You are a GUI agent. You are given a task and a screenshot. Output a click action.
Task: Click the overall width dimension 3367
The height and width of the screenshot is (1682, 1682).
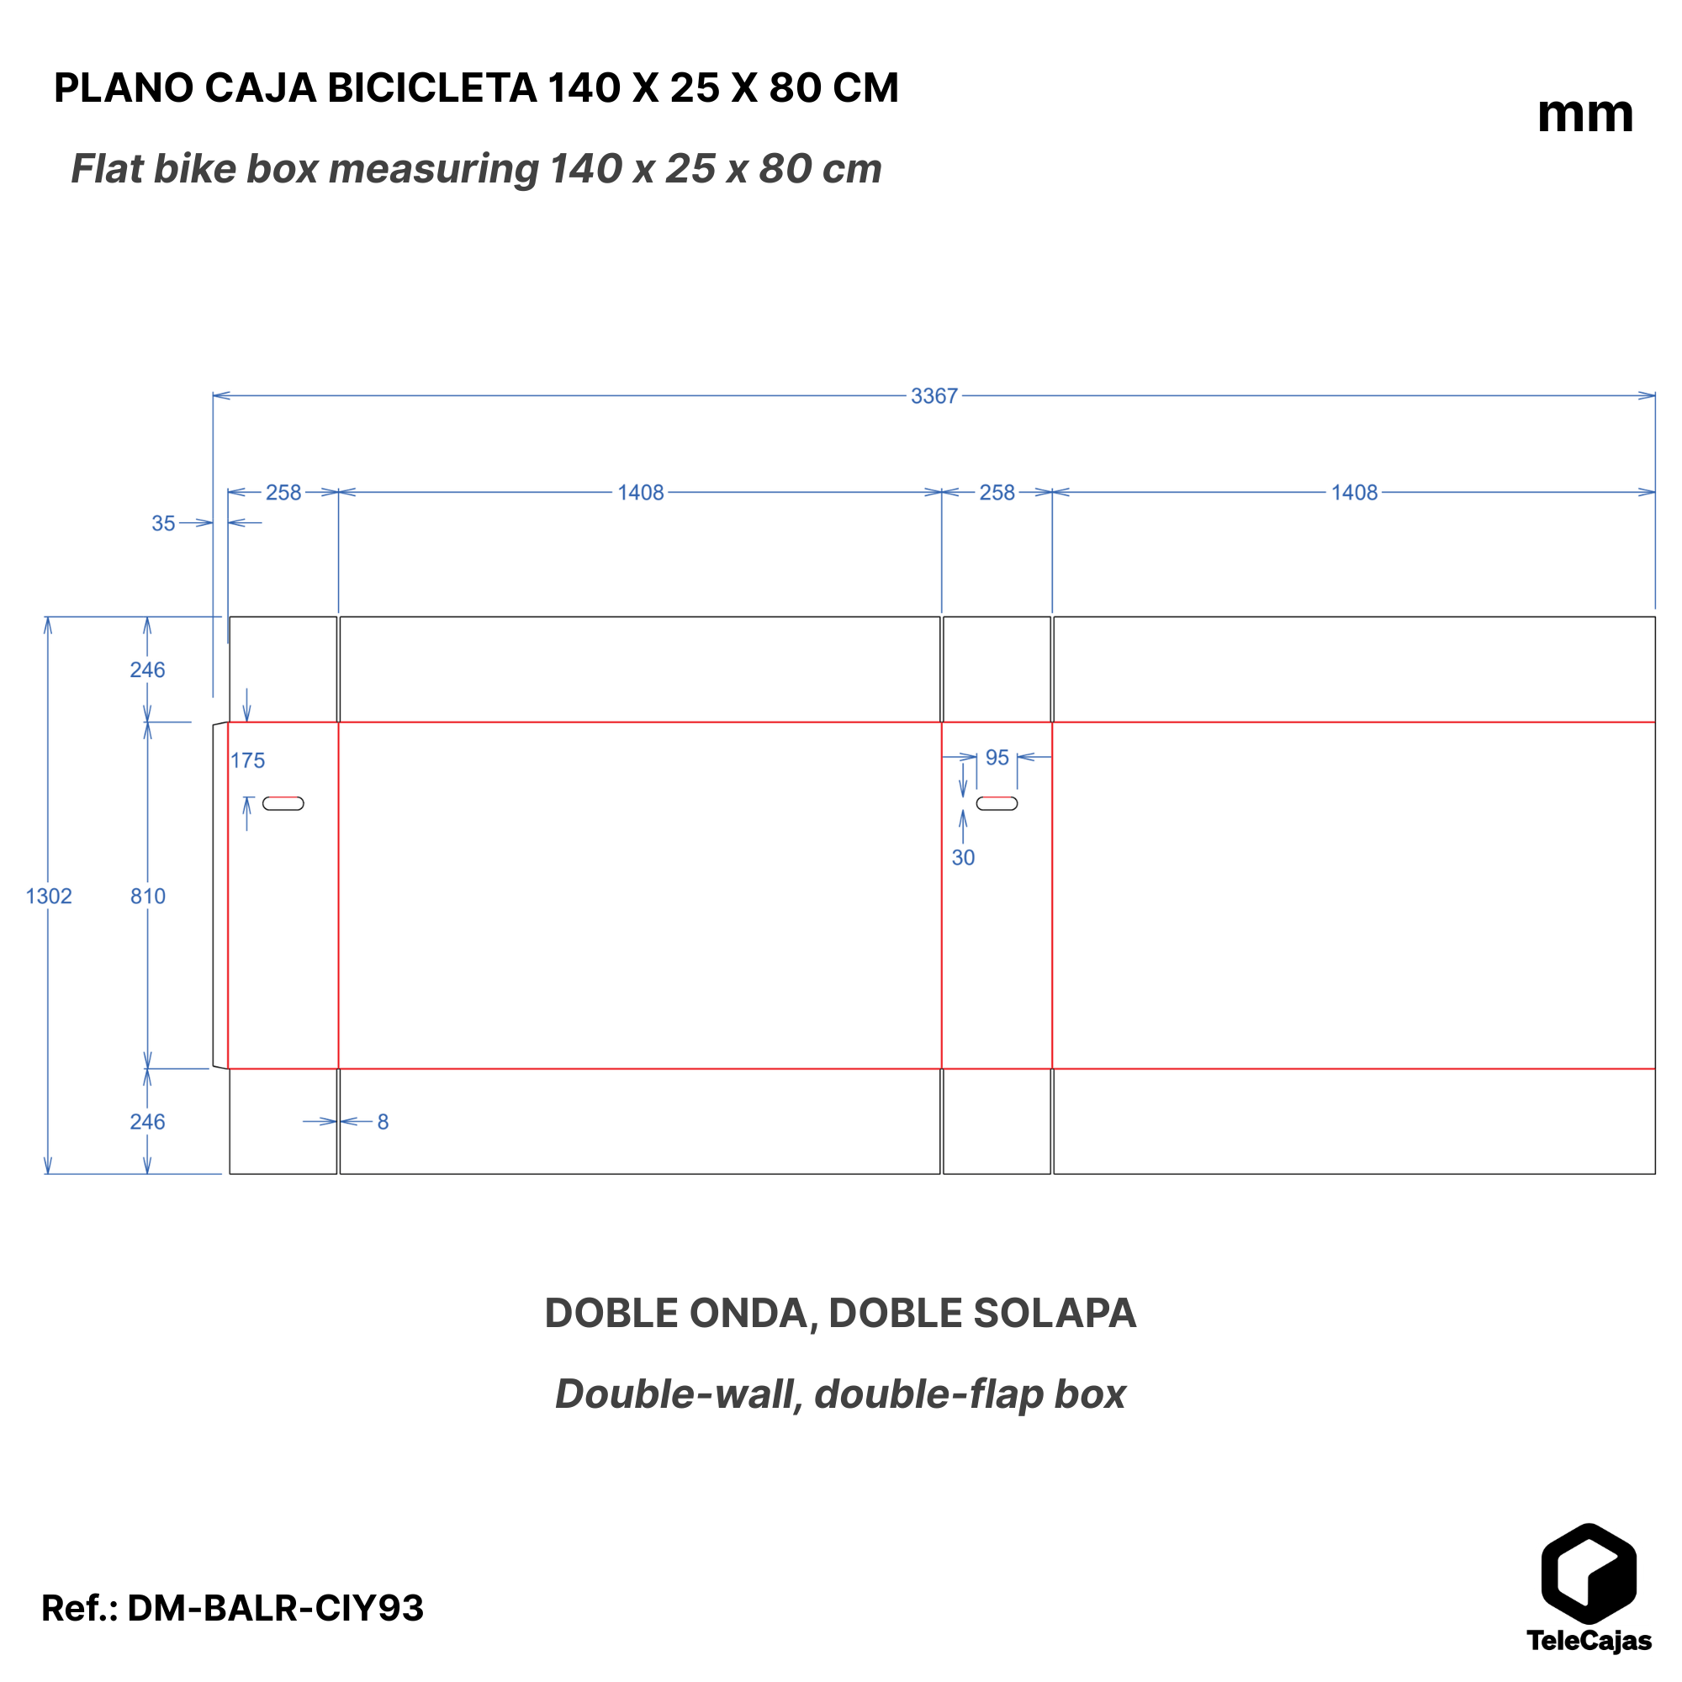click(934, 396)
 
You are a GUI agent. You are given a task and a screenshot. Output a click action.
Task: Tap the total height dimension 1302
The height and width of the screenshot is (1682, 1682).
click(49, 896)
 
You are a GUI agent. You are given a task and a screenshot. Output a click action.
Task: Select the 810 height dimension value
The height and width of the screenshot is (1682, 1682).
click(148, 896)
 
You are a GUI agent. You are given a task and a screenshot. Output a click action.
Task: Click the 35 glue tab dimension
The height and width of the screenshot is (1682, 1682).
click(164, 523)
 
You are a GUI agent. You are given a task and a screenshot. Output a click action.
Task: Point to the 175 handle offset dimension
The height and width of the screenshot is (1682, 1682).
click(247, 760)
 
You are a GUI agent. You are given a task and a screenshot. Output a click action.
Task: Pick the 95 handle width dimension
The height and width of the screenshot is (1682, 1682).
click(997, 758)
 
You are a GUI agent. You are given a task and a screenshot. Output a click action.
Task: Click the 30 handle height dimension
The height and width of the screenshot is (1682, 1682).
click(963, 858)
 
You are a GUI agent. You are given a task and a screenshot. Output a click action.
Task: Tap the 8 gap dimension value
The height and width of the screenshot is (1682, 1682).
click(383, 1121)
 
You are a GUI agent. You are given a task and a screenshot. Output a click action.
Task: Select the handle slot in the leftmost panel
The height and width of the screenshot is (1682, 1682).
click(283, 802)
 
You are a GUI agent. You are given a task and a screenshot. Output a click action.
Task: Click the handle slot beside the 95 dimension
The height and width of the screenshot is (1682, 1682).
click(997, 802)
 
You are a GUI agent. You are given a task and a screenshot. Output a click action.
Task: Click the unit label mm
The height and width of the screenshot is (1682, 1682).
click(1584, 114)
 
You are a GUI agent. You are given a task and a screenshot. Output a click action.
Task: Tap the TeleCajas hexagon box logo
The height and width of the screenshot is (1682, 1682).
click(1589, 1575)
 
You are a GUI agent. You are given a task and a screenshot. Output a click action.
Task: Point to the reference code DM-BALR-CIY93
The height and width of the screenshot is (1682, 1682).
click(275, 1608)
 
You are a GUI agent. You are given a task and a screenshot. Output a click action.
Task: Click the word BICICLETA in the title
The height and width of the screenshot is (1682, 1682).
click(431, 88)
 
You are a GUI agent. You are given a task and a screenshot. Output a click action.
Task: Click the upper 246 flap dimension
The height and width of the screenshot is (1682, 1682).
click(148, 669)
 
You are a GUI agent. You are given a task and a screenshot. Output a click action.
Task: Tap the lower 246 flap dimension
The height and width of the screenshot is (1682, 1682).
click(148, 1121)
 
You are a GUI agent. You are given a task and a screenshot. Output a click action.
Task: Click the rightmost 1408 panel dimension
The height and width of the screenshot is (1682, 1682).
click(1354, 493)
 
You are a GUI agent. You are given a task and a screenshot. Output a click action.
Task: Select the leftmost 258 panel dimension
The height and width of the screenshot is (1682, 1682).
click(283, 493)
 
